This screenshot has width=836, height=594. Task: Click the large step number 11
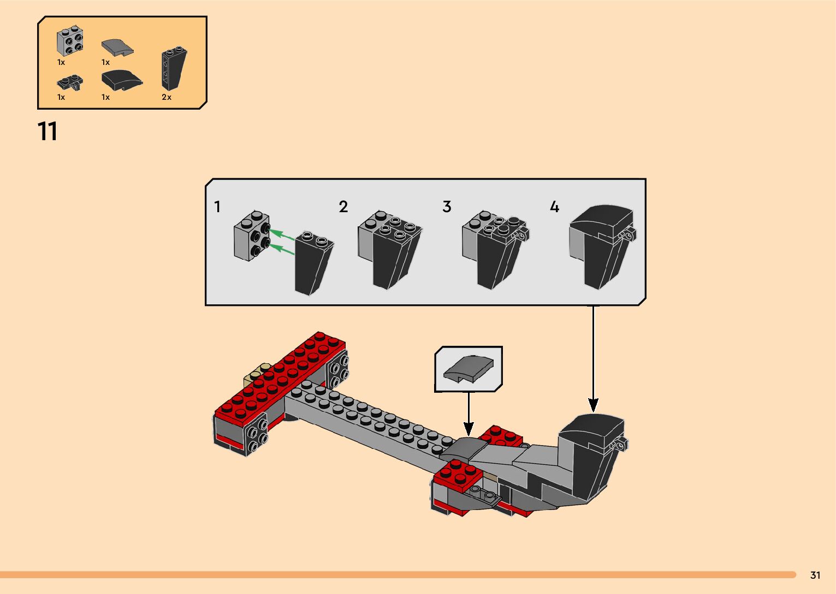(x=48, y=131)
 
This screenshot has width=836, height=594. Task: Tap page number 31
(x=815, y=575)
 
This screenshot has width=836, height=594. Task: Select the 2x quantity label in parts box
(x=167, y=97)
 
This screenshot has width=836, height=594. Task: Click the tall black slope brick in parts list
(x=174, y=68)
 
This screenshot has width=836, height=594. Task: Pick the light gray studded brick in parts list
(x=70, y=41)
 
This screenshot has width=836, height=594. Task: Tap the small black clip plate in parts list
(x=70, y=83)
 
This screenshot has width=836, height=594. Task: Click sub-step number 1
(x=217, y=207)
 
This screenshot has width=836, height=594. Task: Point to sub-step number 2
(x=343, y=207)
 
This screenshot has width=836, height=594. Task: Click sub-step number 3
(x=447, y=207)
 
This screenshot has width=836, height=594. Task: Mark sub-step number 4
(x=554, y=207)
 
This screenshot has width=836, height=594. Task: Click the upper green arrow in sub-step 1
(x=282, y=235)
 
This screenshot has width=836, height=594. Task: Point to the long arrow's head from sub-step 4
(x=593, y=405)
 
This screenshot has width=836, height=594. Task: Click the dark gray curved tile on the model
(x=464, y=448)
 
